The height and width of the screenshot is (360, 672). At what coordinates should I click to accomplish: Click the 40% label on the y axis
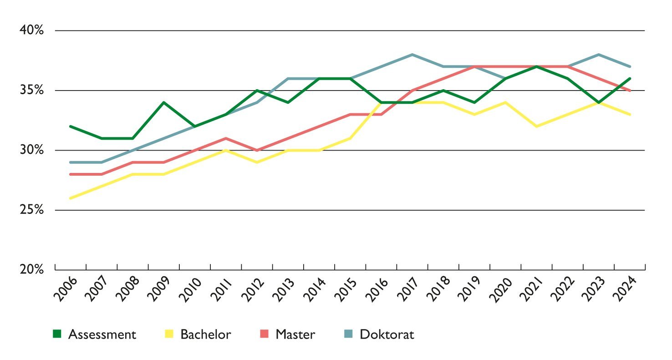(x=31, y=30)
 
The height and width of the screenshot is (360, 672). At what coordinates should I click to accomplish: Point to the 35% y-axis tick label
(x=31, y=91)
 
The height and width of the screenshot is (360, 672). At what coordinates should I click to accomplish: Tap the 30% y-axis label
(x=31, y=150)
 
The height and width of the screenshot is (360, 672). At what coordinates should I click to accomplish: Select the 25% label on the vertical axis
(x=31, y=210)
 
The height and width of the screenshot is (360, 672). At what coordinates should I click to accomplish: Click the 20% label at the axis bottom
(x=31, y=269)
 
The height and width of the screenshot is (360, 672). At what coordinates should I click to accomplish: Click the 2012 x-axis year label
(x=252, y=289)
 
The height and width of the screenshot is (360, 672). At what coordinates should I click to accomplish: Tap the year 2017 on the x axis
(x=407, y=289)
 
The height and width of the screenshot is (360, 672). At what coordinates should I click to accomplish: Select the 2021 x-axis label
(x=532, y=289)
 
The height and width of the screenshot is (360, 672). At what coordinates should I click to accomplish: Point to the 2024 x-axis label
(x=625, y=289)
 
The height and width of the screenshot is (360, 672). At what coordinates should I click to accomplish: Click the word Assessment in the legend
(x=102, y=335)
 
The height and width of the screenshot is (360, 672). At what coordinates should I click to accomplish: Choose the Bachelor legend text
(x=206, y=335)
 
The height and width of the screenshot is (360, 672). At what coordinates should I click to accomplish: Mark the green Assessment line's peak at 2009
(x=164, y=102)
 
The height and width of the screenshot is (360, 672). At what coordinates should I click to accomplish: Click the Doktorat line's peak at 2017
(x=412, y=55)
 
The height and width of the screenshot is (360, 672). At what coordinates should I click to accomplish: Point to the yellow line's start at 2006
(x=71, y=198)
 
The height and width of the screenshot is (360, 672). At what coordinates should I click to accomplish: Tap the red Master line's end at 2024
(x=630, y=91)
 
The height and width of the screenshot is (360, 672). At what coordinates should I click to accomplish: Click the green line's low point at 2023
(x=599, y=102)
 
